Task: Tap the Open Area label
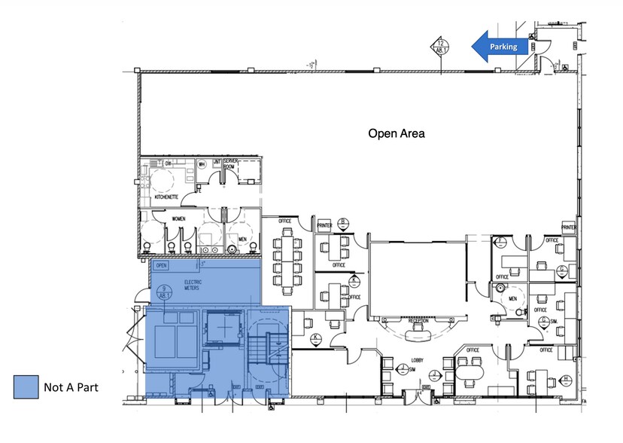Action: [397, 134]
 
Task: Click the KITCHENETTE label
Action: [166, 197]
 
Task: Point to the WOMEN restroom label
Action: [178, 219]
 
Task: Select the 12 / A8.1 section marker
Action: [440, 47]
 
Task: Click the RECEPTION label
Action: [418, 320]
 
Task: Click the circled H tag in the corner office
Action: [566, 378]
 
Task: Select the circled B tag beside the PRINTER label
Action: [343, 222]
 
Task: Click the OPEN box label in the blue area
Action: [160, 265]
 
